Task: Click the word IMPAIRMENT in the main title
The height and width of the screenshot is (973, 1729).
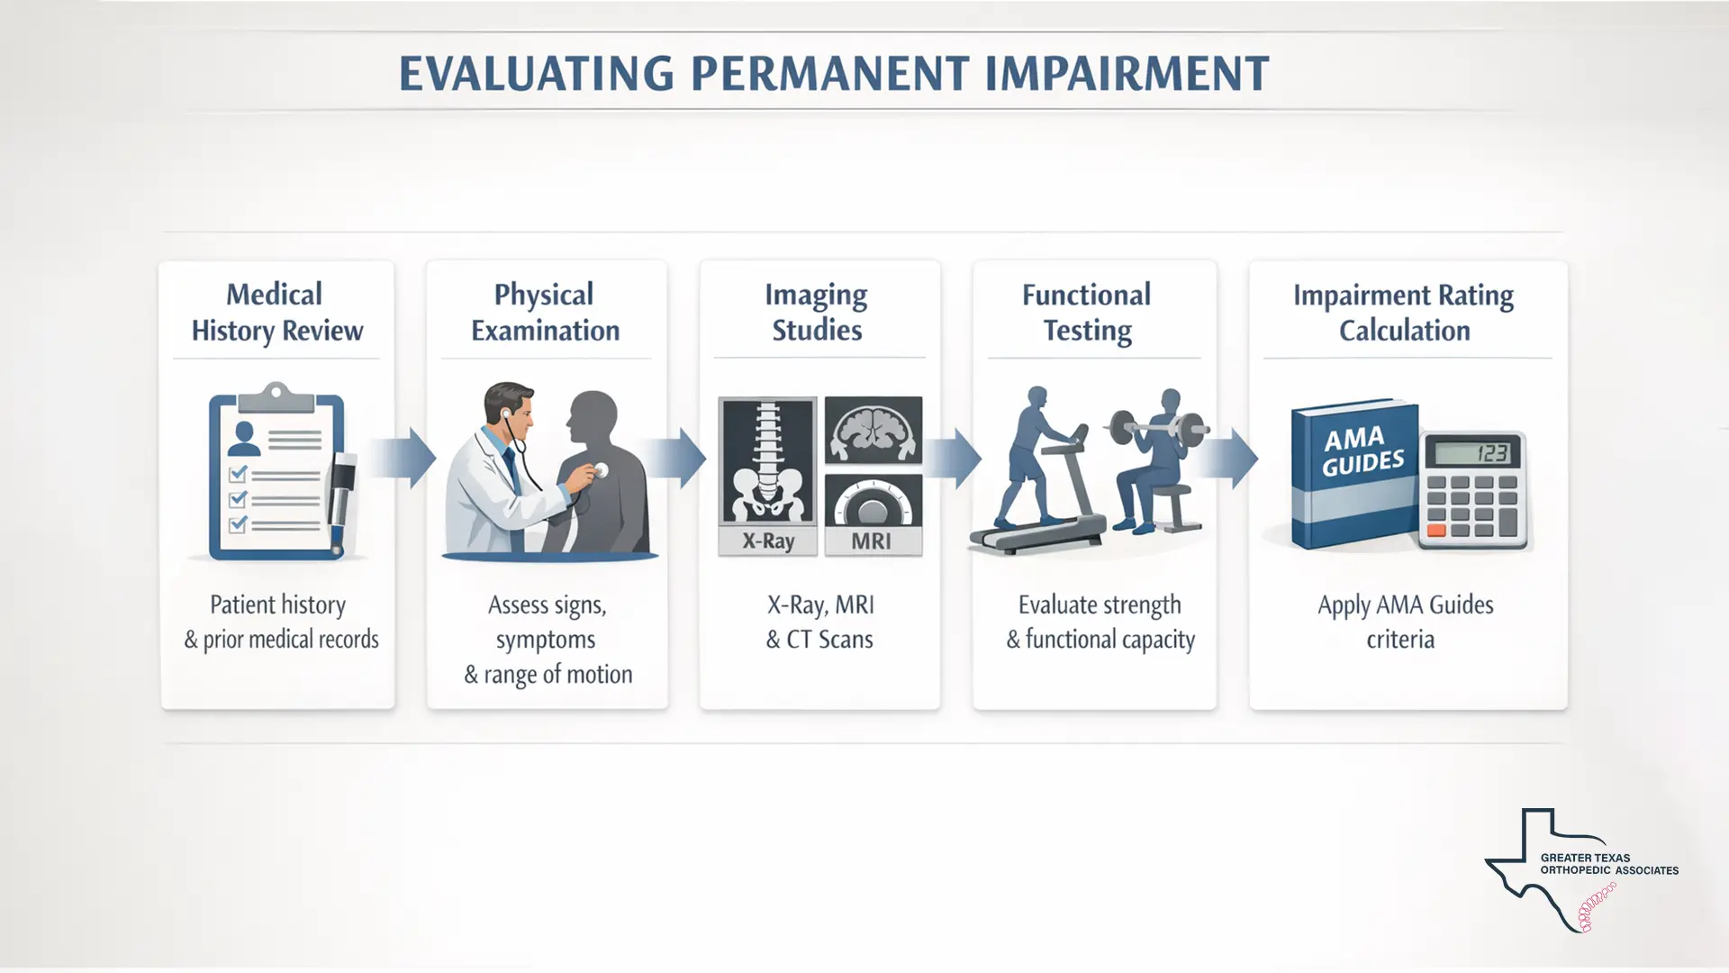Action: coord(1127,74)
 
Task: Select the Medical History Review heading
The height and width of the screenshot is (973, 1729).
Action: coord(276,313)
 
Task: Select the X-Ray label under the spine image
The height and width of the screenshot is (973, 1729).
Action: coord(768,541)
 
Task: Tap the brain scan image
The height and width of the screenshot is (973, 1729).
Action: coord(873,430)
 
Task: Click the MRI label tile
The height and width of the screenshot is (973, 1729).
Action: coord(872,541)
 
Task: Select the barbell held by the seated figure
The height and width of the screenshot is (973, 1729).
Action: coord(1157,427)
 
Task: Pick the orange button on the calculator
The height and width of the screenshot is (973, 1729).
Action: coord(1436,531)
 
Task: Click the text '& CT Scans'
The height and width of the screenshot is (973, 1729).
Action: coord(819,640)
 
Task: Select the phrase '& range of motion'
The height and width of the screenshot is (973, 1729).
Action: coord(548,675)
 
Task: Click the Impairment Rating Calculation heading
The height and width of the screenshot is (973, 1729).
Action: coord(1403,313)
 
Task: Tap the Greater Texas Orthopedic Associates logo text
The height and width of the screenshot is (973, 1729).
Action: coord(1608,864)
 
